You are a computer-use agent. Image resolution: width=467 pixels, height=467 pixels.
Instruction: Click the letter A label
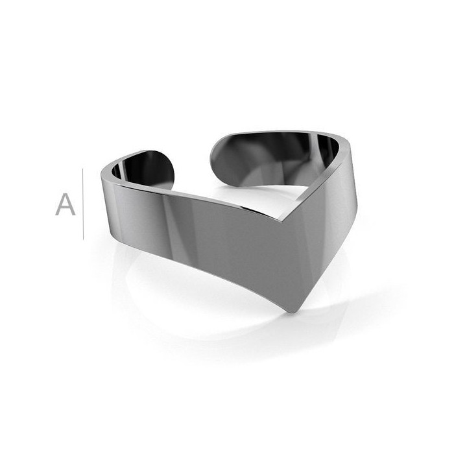(x=66, y=204)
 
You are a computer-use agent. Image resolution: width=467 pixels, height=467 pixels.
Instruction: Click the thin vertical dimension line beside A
(x=83, y=204)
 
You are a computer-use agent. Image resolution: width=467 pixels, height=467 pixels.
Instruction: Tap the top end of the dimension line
(x=83, y=169)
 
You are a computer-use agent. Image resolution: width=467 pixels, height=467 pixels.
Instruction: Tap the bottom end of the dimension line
(x=83, y=239)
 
